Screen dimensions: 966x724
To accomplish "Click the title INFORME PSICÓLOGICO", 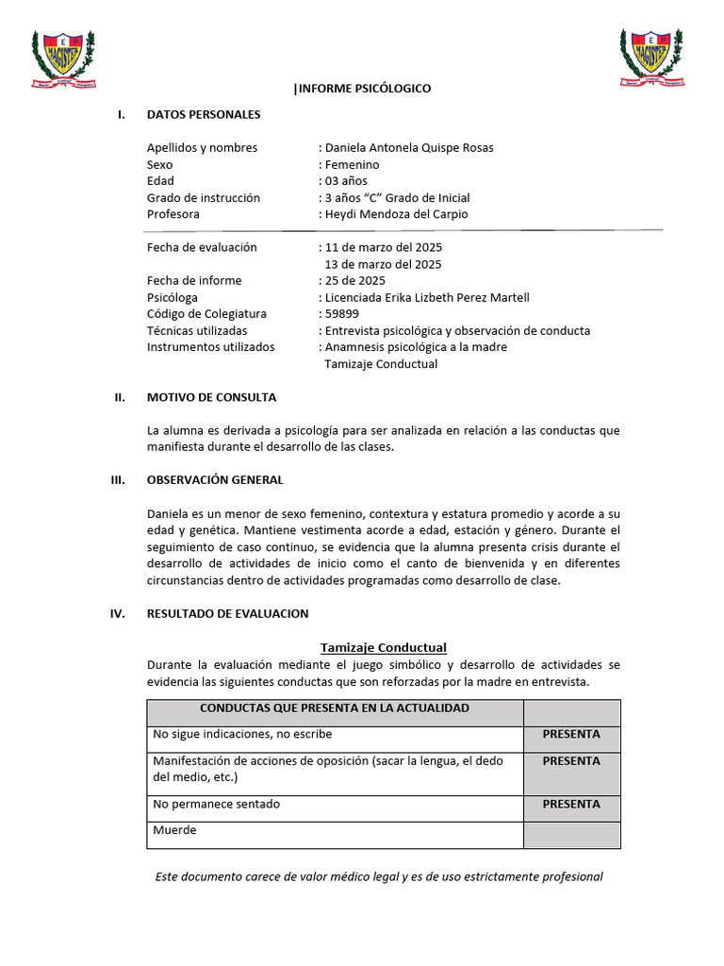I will (363, 89).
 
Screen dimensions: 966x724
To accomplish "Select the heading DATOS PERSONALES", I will (204, 115).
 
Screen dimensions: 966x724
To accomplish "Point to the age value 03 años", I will (346, 181).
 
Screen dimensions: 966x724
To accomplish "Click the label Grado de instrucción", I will (204, 198).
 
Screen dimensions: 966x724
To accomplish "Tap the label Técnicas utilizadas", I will (197, 331).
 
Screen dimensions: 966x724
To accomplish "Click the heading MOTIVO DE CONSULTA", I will (212, 397).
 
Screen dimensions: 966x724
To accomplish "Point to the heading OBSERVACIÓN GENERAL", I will (215, 480).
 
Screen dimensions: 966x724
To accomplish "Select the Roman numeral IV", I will (118, 613).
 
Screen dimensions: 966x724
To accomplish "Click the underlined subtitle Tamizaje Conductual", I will (384, 647).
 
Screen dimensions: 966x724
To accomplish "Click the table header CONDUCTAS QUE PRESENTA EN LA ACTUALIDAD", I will (335, 708).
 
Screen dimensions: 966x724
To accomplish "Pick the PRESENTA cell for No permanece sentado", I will (571, 805).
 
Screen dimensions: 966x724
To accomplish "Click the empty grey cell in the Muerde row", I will (571, 835).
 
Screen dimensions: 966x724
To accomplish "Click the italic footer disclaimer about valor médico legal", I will (379, 876).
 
